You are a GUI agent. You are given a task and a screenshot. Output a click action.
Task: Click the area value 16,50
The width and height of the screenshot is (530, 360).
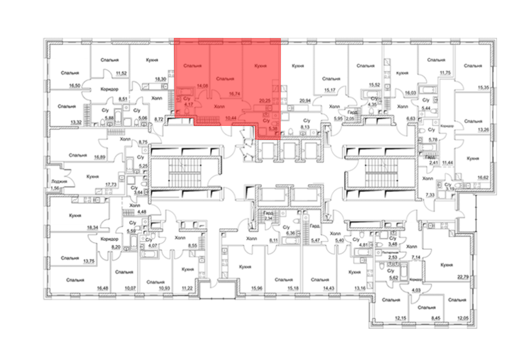tap(74, 86)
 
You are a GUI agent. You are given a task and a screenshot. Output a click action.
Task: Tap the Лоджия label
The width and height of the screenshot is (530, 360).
tap(59, 182)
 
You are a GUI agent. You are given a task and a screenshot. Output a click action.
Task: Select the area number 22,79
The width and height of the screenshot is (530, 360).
tap(463, 277)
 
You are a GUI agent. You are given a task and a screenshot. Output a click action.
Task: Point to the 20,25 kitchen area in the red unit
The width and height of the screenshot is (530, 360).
tap(265, 101)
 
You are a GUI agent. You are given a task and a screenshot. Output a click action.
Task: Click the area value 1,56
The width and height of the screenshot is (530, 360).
tap(55, 188)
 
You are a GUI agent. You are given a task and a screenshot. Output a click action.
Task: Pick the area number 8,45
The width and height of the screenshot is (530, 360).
tap(436, 318)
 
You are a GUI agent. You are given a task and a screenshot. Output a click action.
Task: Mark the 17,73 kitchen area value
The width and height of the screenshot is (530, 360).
tap(111, 185)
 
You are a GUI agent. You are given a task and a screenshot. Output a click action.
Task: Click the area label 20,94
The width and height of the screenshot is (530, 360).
tap(305, 101)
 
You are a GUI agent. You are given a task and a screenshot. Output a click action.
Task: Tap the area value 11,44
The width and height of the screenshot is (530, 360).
tap(448, 163)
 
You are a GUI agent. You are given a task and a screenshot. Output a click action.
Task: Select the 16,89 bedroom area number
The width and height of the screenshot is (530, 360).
tap(100, 157)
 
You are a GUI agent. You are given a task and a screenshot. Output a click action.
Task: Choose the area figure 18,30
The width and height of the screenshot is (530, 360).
tap(160, 79)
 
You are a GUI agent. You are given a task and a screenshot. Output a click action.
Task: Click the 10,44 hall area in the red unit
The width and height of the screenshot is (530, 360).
tap(231, 118)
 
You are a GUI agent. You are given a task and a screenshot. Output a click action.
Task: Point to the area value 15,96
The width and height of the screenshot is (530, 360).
tap(257, 288)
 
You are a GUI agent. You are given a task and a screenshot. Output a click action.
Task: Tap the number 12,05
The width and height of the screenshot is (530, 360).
tap(463, 318)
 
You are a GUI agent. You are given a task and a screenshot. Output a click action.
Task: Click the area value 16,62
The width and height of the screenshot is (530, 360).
tap(483, 178)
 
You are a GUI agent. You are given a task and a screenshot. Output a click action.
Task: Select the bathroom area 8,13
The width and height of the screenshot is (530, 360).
tap(305, 127)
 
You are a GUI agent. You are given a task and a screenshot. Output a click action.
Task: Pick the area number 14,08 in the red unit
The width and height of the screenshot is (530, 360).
tap(202, 86)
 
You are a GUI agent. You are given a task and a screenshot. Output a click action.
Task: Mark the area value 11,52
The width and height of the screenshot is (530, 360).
tap(121, 73)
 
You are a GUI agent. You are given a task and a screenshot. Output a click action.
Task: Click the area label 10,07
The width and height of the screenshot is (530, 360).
tap(130, 288)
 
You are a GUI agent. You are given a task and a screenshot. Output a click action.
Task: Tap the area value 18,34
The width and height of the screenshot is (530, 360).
tap(92, 227)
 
